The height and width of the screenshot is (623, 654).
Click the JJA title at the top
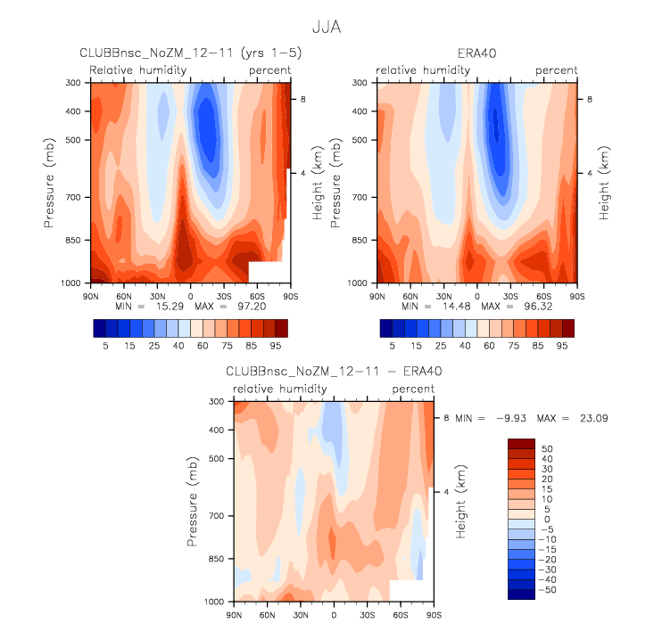pos(326,28)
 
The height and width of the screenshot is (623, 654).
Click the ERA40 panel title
pos(477,53)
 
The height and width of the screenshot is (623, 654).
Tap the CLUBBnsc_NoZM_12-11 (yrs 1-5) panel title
pos(191,53)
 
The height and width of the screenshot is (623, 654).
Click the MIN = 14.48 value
pos(418,304)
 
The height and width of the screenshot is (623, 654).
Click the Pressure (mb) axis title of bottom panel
pos(194,502)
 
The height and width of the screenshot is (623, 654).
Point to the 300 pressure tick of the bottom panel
pos(217,402)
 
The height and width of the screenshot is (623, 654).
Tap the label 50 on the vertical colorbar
pos(547,448)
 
